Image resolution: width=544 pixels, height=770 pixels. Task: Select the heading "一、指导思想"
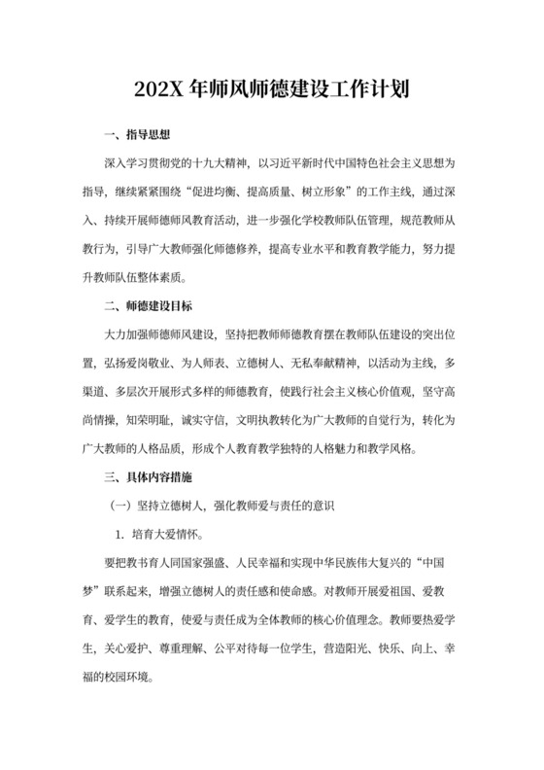point(137,133)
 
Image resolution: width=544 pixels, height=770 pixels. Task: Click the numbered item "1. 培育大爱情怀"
point(166,535)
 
